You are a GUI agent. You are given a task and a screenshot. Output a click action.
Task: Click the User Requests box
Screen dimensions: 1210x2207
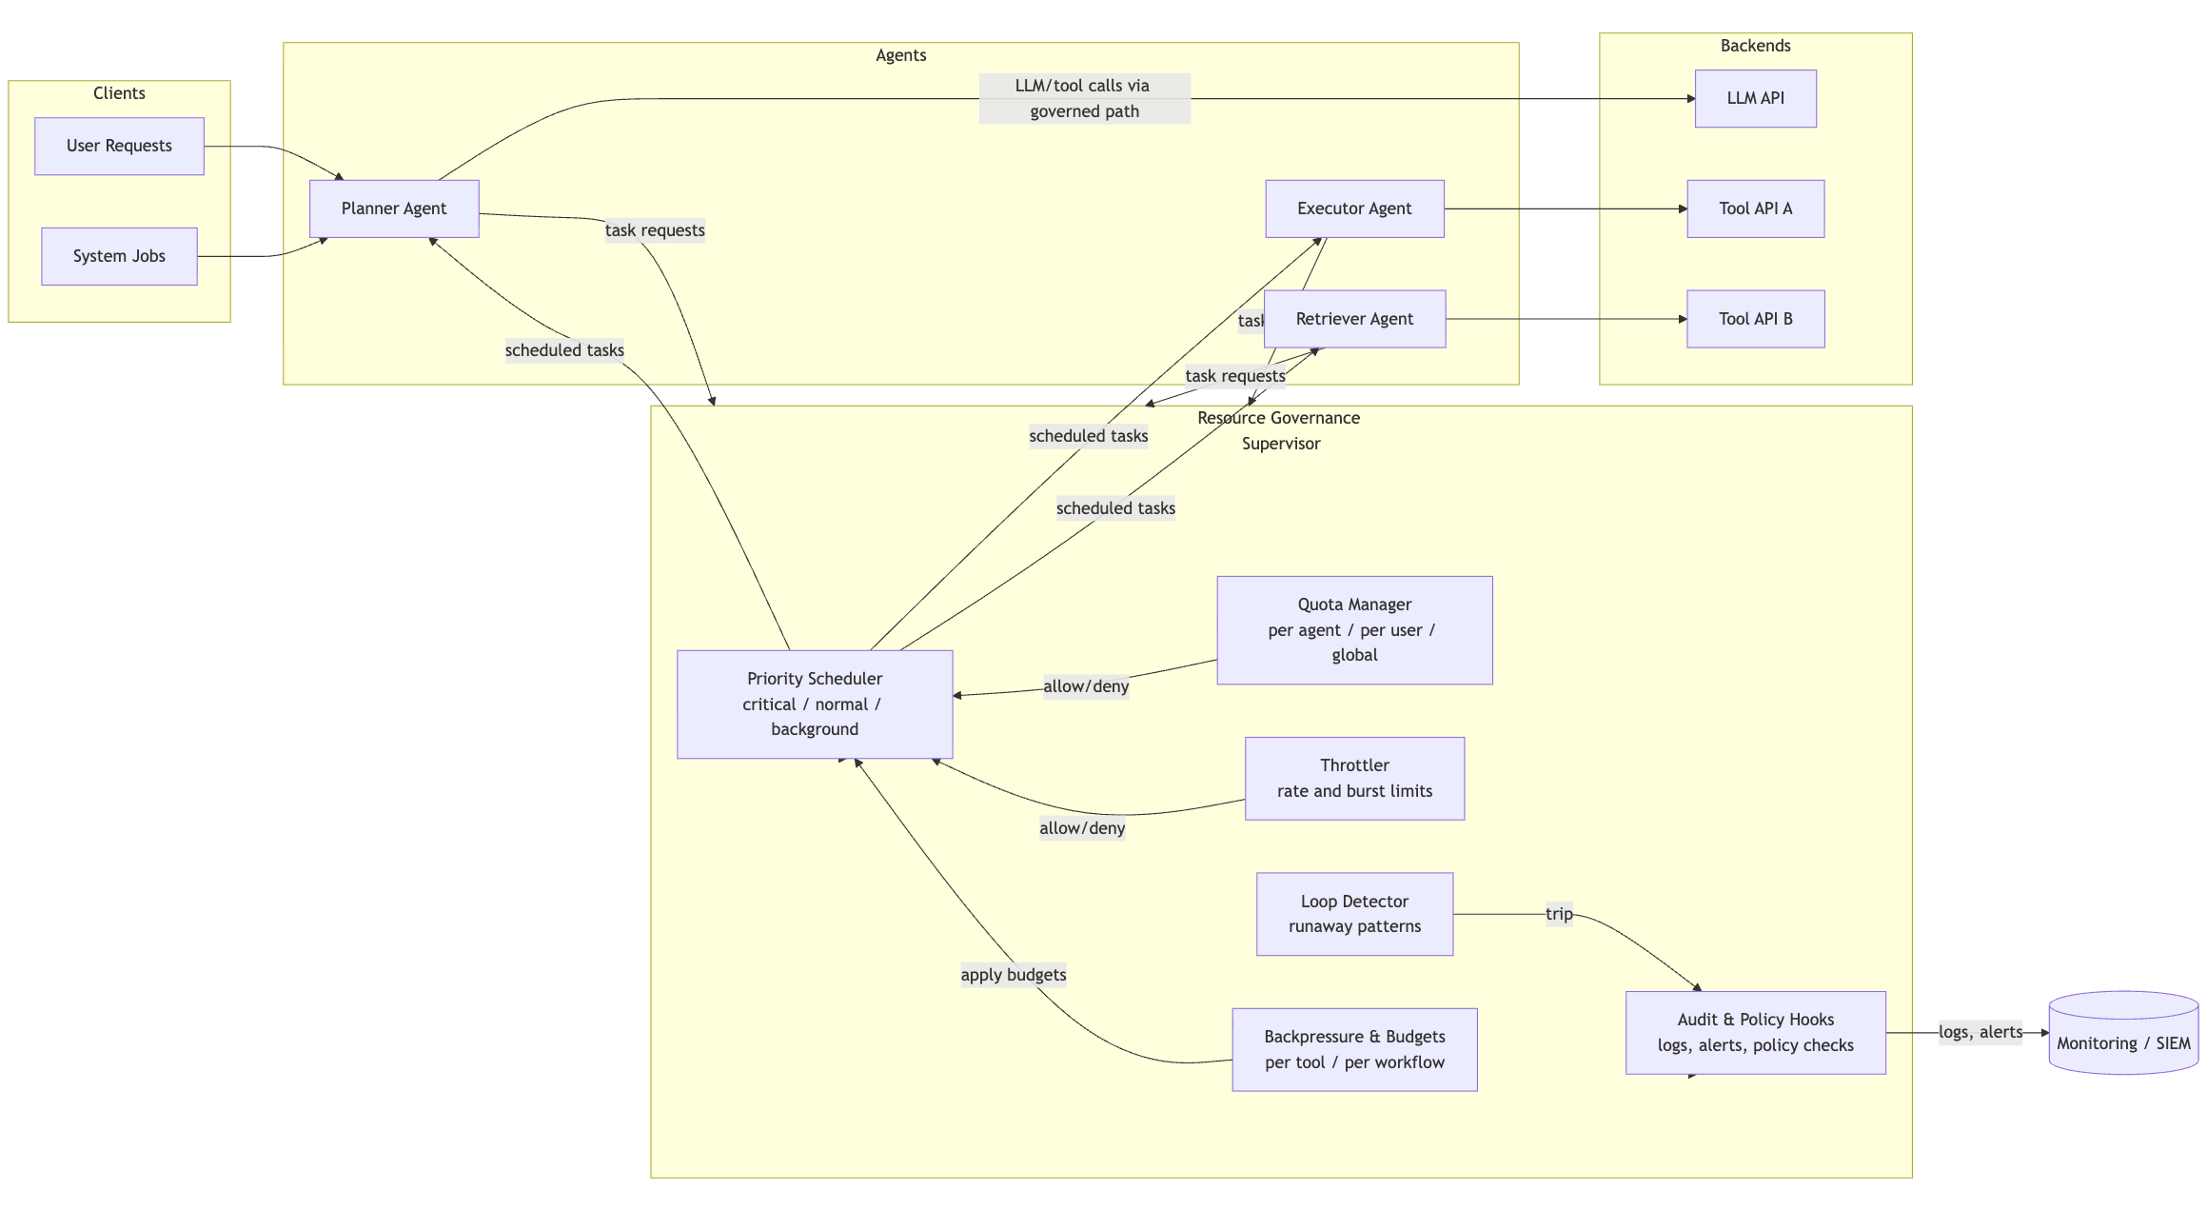119,146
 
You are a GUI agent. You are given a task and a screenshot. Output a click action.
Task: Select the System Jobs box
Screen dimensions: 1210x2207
119,256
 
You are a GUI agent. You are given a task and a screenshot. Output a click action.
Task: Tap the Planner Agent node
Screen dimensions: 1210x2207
393,208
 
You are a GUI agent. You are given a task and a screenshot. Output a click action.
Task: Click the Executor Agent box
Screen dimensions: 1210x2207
1353,208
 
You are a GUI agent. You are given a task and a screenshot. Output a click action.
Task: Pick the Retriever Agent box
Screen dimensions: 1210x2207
1353,319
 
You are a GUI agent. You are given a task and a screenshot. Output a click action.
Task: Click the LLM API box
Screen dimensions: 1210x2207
1754,98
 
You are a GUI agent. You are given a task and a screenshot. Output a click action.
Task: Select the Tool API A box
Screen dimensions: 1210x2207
1754,208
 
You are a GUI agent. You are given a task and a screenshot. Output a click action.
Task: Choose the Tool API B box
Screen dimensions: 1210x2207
1754,319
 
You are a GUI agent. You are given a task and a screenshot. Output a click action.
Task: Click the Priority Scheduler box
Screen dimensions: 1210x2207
814,704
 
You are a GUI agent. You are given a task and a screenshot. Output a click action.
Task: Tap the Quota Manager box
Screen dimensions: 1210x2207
1353,629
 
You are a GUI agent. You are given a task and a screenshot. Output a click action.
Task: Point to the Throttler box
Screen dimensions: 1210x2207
1353,778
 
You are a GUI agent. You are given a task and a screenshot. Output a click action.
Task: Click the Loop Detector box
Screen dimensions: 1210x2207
1353,913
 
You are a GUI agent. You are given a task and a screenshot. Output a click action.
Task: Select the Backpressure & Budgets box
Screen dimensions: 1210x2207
1353,1049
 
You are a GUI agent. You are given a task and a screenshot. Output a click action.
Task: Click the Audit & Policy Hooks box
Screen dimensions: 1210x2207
1754,1032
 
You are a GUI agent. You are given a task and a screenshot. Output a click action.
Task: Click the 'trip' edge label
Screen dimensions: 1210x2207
1558,914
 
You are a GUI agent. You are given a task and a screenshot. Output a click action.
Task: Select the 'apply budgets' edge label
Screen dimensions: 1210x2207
1013,975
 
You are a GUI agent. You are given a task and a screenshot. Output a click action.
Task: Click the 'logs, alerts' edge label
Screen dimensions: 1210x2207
1980,1032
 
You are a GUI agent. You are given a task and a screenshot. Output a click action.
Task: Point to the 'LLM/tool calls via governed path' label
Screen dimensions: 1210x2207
1083,98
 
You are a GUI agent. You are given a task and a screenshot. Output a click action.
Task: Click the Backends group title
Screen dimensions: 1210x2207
1754,46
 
